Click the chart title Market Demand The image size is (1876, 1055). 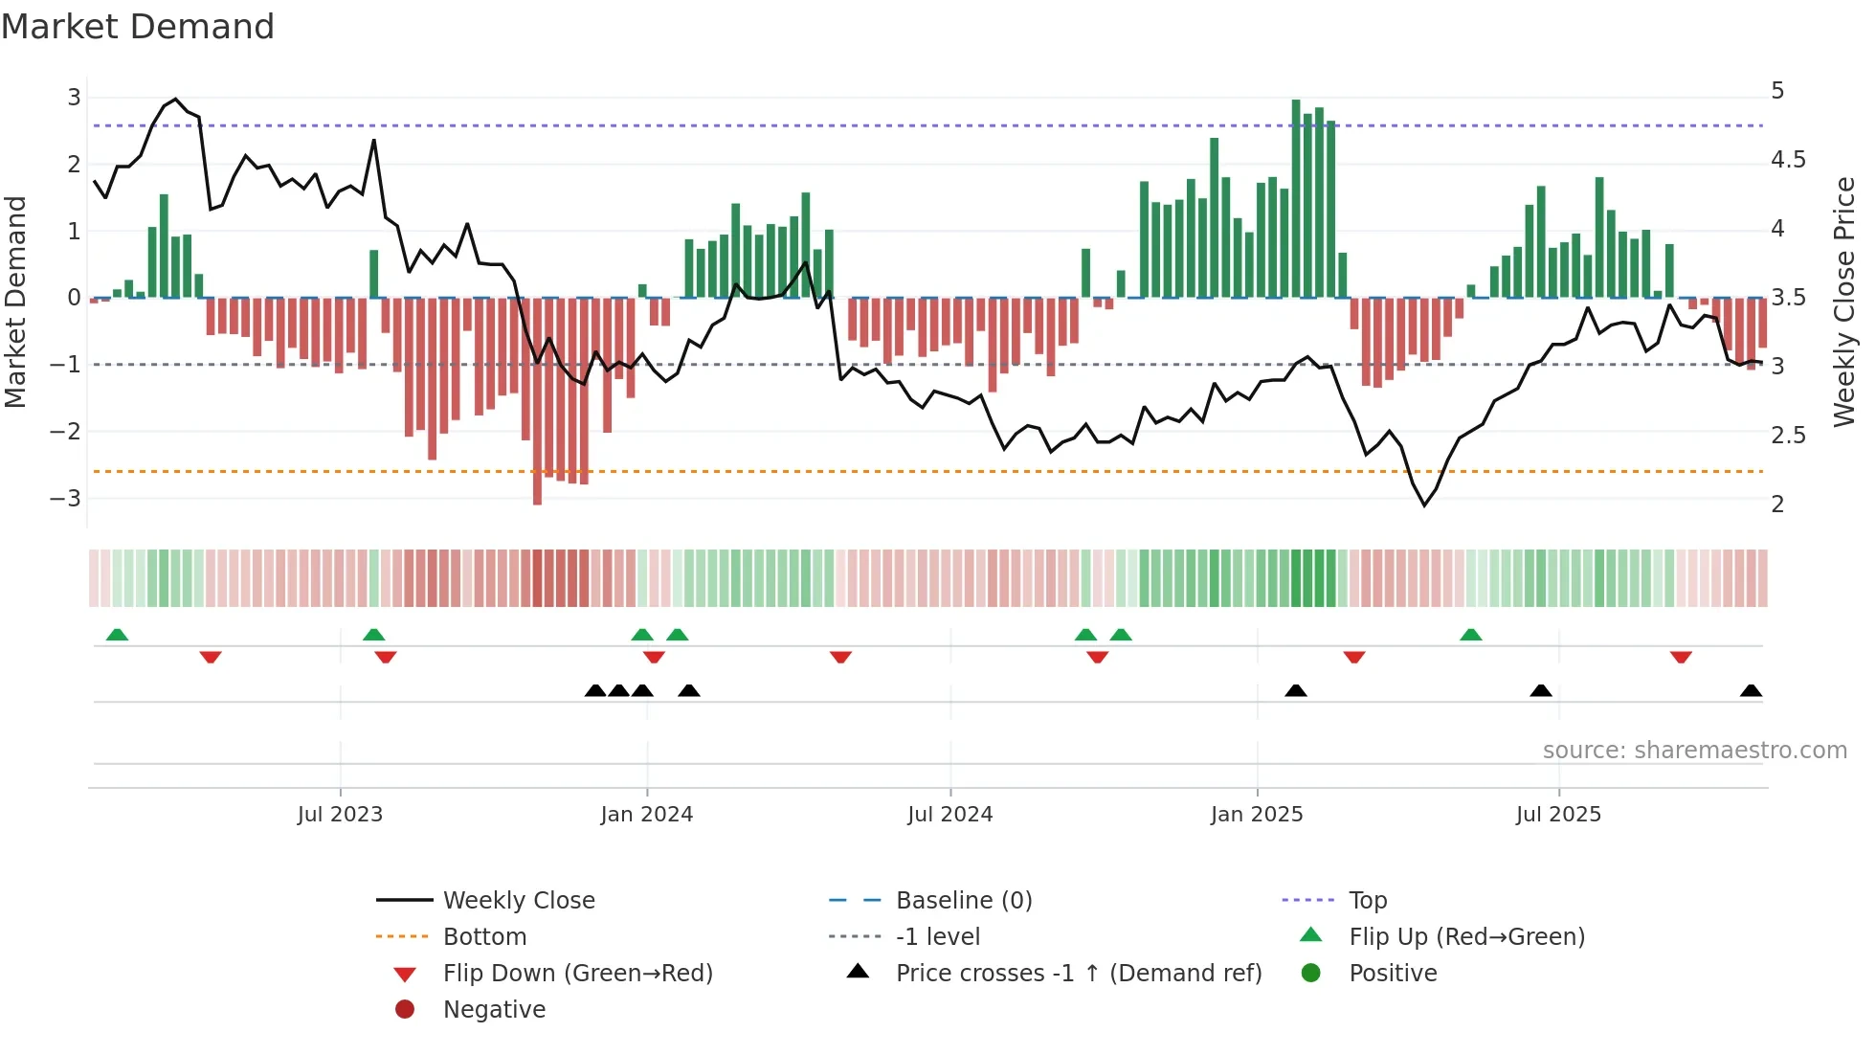(138, 27)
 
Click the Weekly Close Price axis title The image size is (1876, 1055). (1843, 302)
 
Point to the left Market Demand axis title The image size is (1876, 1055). (16, 302)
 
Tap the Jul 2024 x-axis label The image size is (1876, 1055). (949, 815)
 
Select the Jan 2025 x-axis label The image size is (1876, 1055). (1256, 815)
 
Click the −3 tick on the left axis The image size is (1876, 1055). (65, 499)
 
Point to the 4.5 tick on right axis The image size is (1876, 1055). (1788, 160)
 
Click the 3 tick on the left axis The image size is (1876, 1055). (74, 97)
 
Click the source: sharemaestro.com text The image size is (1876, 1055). (1694, 751)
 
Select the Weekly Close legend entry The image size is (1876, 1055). (518, 901)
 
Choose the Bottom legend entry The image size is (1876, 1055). (484, 937)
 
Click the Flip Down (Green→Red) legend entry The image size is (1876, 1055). (577, 974)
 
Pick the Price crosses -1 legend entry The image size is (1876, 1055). (1078, 974)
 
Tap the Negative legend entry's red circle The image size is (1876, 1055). (405, 1010)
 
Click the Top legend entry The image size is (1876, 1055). (1367, 901)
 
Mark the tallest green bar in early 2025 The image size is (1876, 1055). (1296, 197)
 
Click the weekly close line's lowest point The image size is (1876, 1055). (1424, 505)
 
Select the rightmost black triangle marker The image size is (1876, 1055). (1751, 691)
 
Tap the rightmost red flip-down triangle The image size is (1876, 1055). (1681, 657)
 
